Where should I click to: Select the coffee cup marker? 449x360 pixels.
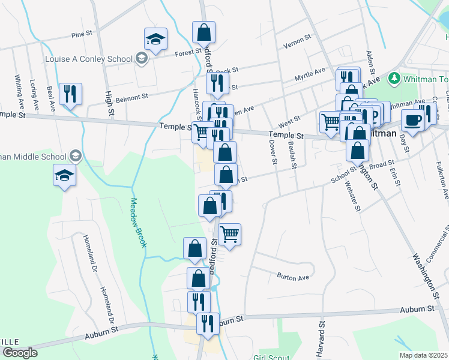point(412,121)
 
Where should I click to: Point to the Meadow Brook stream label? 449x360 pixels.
point(139,223)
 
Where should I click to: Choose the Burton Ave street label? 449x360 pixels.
point(292,277)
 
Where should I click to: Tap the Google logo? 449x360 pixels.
point(20,352)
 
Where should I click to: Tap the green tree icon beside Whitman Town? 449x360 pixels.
point(394,78)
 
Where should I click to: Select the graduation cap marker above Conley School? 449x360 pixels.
point(155,40)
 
